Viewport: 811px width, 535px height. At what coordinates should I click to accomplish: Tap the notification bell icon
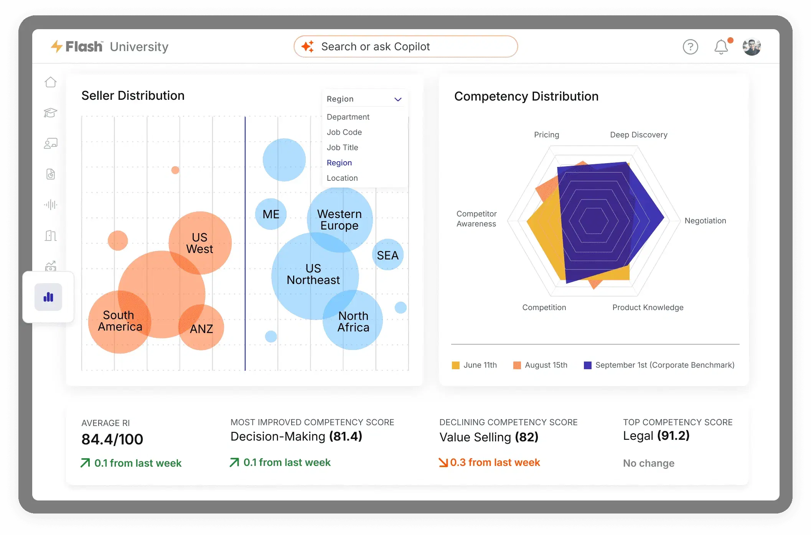coord(721,47)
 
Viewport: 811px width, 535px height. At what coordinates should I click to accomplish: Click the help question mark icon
coord(690,47)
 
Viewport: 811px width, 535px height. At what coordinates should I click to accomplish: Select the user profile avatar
coord(752,47)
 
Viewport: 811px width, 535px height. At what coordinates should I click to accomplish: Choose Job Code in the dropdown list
coord(344,132)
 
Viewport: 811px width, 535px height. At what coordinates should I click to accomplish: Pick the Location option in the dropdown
coord(342,178)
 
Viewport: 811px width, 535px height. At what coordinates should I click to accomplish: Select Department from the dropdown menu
coord(348,117)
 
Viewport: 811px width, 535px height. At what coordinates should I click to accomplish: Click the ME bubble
coord(271,214)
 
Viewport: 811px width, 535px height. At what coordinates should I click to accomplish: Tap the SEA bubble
coord(387,255)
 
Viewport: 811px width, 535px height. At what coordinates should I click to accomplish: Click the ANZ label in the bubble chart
coord(201,329)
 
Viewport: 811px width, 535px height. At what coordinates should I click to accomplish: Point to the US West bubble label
coord(199,243)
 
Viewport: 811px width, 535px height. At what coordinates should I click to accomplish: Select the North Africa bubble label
coord(353,322)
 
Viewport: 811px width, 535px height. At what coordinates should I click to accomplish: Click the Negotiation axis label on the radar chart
coord(705,221)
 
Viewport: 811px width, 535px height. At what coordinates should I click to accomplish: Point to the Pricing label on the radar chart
coord(546,135)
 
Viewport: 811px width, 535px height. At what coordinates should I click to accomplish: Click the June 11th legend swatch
coord(456,365)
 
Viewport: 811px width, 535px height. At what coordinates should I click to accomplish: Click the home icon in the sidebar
coord(51,82)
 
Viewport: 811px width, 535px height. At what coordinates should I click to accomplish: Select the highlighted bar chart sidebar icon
coord(48,297)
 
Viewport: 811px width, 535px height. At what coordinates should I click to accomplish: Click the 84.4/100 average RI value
coord(112,439)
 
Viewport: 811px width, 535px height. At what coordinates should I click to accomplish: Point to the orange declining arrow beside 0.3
coord(443,462)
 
